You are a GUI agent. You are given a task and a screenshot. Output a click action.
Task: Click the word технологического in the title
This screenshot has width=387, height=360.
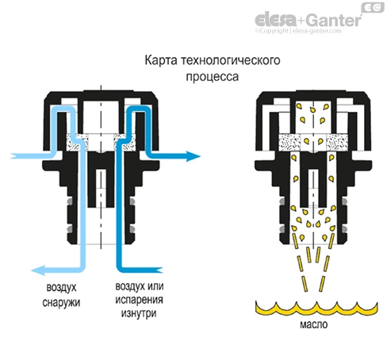(x=231, y=60)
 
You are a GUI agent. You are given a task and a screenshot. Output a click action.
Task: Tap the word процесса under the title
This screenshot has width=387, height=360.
(x=213, y=77)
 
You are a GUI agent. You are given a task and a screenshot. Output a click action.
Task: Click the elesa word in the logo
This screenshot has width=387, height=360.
(x=275, y=19)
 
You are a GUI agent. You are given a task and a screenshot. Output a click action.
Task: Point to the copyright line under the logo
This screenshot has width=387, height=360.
(x=298, y=31)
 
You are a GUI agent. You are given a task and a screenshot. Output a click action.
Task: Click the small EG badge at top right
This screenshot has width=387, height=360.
(x=373, y=7)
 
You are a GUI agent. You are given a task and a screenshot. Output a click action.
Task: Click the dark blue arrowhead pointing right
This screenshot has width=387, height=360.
(x=193, y=156)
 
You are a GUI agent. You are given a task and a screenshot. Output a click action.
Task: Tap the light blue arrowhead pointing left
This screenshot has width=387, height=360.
(x=38, y=270)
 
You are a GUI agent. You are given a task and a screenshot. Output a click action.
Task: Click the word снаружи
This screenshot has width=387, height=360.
(x=61, y=303)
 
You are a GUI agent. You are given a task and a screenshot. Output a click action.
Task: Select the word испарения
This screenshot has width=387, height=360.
(x=139, y=301)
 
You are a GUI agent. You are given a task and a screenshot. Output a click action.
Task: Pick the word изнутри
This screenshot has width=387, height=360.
(x=139, y=313)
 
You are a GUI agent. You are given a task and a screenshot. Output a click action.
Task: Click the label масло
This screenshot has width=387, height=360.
(x=314, y=324)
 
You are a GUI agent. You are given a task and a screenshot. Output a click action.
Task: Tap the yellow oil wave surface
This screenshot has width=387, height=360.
(x=316, y=310)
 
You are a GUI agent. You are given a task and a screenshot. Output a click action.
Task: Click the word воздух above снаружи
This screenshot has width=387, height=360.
(x=61, y=288)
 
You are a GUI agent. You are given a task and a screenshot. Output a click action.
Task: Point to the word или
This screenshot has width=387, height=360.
(x=155, y=286)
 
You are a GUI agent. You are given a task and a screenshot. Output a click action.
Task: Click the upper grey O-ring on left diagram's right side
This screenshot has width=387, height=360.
(x=132, y=201)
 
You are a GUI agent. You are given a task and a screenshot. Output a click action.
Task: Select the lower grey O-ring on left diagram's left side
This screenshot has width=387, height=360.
(x=70, y=228)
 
